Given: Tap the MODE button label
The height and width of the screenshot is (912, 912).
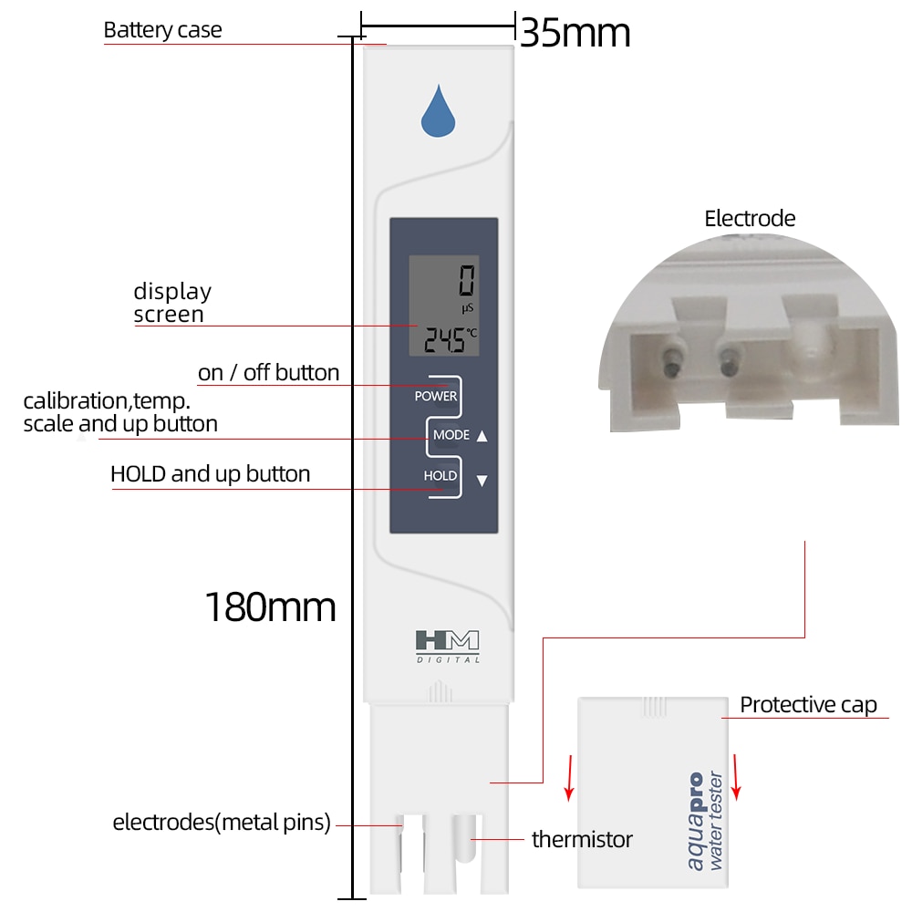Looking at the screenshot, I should (451, 435).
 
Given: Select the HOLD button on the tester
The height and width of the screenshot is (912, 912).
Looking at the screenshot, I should (440, 476).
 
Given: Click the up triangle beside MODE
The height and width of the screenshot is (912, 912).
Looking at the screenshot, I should (482, 436).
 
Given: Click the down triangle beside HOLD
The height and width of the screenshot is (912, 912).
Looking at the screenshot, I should (482, 481).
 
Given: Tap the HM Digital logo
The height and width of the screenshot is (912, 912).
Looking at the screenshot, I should (447, 645).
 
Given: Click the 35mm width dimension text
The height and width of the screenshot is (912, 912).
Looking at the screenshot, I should (575, 35).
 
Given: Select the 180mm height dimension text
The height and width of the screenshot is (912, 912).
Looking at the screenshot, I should (270, 606).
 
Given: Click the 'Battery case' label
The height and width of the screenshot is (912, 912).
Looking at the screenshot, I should (162, 30).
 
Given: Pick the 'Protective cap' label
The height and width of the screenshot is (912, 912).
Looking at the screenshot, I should (808, 705).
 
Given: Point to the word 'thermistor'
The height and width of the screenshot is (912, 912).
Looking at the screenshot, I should (582, 839).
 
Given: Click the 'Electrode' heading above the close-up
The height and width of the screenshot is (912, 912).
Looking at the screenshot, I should (750, 219).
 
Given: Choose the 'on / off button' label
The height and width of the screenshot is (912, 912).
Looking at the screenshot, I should (268, 373).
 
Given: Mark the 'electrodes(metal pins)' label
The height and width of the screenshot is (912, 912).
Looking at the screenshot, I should (222, 823).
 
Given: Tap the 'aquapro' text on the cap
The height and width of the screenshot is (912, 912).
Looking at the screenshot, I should (696, 821).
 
